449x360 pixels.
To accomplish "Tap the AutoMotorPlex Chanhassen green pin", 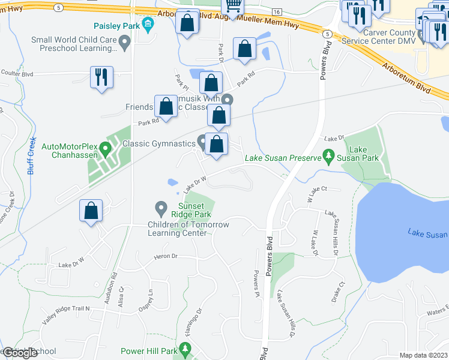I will [106, 147].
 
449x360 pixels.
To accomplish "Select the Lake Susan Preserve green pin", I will [328, 157].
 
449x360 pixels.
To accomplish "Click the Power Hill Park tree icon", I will [185, 349].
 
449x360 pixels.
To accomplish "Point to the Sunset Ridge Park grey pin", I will [160, 208].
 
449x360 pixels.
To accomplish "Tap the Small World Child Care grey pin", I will [125, 42].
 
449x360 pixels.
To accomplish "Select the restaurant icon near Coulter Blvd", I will [101, 77].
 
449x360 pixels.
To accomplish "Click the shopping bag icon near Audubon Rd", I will [91, 211].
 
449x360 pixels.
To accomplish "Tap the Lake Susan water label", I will [427, 233].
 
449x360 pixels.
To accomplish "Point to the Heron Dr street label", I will [166, 256].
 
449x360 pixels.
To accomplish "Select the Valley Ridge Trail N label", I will [65, 308].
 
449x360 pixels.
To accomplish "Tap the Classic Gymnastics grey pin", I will [202, 142].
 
